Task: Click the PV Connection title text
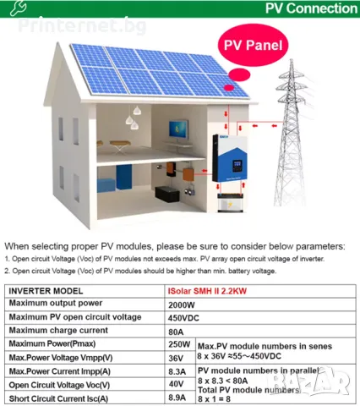click(311, 8)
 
